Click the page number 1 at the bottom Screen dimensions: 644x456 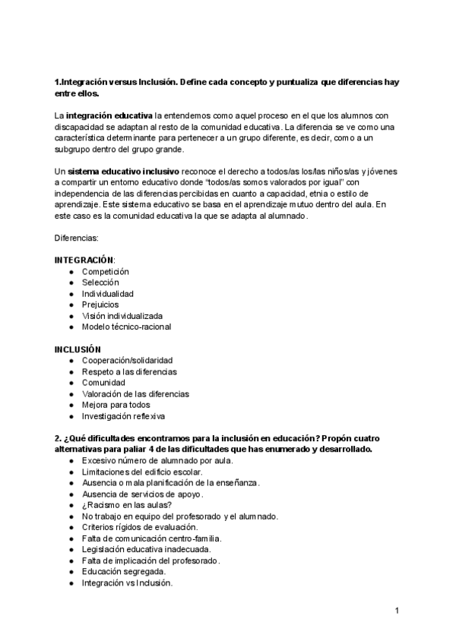[x=397, y=611]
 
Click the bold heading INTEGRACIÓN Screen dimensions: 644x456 [x=84, y=260]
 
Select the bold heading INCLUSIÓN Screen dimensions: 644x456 [x=78, y=349]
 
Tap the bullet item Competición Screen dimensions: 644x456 [x=106, y=271]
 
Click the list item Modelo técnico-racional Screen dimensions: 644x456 [x=126, y=327]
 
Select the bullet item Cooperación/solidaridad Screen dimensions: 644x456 [x=128, y=360]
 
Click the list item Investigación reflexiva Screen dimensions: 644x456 [x=124, y=416]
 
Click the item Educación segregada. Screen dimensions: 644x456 [x=124, y=572]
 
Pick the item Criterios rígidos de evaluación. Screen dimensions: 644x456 [x=140, y=527]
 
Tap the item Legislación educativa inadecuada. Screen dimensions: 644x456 [x=147, y=549]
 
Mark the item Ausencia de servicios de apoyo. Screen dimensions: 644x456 [x=142, y=494]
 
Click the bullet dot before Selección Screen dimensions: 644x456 [x=71, y=283]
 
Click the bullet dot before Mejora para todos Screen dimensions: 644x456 [x=71, y=405]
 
